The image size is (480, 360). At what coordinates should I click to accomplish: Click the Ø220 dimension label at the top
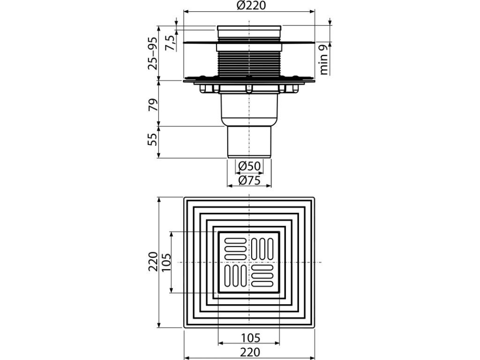[x=249, y=6]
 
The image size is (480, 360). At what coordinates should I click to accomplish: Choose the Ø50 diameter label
[x=249, y=166]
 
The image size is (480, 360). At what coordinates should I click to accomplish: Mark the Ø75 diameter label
[x=249, y=180]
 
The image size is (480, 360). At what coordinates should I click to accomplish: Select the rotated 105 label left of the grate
[x=167, y=262]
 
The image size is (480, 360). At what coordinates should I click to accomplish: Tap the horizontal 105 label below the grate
[x=249, y=337]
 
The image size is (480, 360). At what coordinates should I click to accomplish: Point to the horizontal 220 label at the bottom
[x=249, y=352]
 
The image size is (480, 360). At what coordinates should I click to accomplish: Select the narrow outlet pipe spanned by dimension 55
[x=249, y=142]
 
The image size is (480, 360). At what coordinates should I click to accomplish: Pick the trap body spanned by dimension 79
[x=249, y=108]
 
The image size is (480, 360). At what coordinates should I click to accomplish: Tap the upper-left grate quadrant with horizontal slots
[x=235, y=247]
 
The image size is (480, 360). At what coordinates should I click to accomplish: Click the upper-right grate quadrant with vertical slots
[x=263, y=247]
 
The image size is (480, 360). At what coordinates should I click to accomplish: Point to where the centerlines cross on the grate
[x=249, y=262]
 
